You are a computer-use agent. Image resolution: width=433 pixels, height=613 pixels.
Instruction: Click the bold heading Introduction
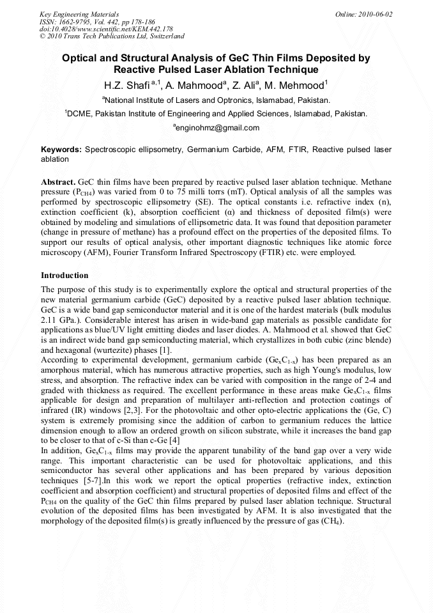(x=65, y=275)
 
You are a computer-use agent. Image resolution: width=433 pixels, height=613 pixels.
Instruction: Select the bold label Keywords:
(x=61, y=149)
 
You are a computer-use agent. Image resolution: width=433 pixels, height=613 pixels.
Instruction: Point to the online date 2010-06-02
(x=376, y=14)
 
